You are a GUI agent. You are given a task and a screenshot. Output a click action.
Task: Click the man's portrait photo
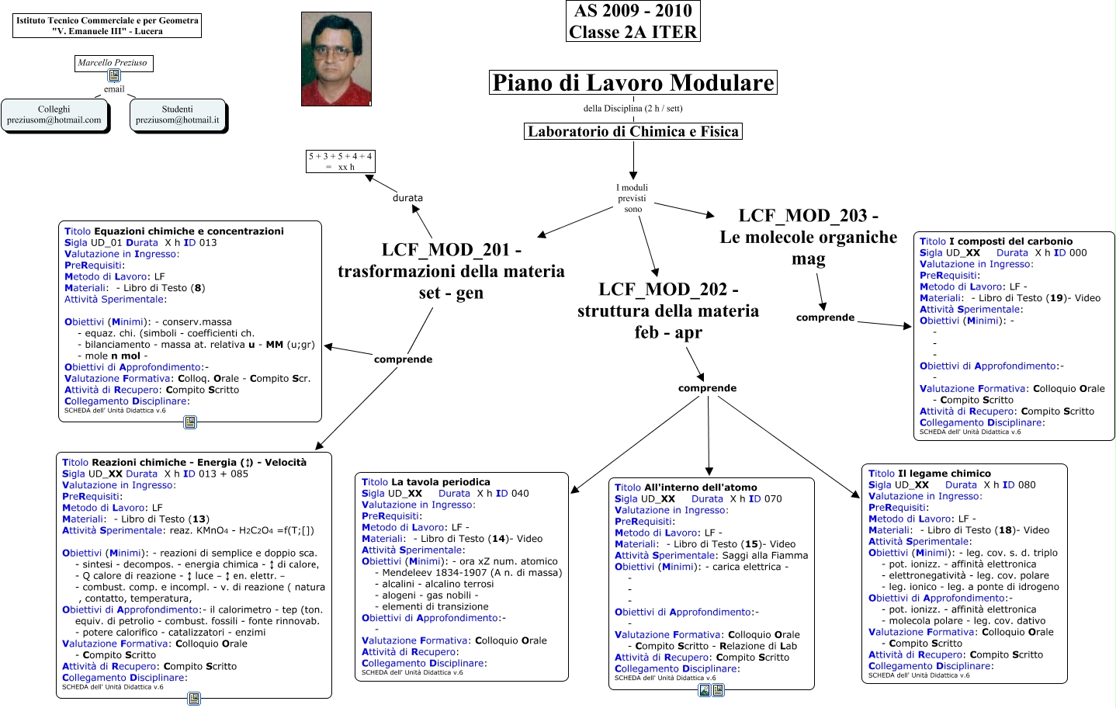click(x=336, y=59)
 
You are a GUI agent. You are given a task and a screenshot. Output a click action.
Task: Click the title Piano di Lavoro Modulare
click(x=633, y=82)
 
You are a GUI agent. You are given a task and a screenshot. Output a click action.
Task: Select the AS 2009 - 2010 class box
click(x=633, y=21)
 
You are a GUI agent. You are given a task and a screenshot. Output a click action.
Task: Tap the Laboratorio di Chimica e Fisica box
click(x=633, y=131)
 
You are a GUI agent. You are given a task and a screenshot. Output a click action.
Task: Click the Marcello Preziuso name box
click(x=113, y=64)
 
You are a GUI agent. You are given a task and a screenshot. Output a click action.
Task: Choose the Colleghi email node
click(x=54, y=115)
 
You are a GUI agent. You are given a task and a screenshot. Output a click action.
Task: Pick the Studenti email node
click(x=178, y=115)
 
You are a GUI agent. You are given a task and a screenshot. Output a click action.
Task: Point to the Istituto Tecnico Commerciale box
click(x=107, y=26)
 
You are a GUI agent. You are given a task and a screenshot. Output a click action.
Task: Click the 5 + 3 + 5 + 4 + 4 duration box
click(x=340, y=161)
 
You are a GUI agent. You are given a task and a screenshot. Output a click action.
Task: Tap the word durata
click(x=407, y=198)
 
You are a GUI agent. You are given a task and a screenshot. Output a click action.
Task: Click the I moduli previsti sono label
click(x=633, y=198)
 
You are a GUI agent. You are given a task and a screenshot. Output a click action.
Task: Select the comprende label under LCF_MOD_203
click(x=825, y=318)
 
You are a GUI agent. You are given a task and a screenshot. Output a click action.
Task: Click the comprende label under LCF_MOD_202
click(x=707, y=388)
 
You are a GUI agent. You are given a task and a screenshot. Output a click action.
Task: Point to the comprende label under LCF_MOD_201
click(x=403, y=359)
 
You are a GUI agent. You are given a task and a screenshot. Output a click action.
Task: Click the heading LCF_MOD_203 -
click(x=808, y=215)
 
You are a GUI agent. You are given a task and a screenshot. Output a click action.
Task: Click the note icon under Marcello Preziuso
click(x=114, y=75)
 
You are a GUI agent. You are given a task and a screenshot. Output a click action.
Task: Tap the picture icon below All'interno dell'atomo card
click(x=705, y=690)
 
